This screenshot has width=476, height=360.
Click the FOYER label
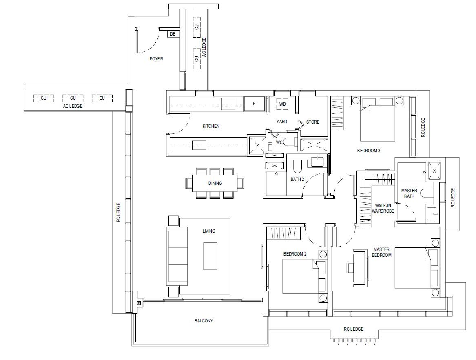point(156,59)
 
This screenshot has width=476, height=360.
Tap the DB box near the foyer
point(173,34)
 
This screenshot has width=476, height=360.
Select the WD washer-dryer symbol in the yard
point(282,104)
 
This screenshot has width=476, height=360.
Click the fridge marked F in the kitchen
point(254,104)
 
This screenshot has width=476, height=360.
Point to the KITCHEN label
point(211,126)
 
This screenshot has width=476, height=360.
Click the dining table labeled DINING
point(215,183)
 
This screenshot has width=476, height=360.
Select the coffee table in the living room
point(210,256)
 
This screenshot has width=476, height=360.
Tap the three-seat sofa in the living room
point(177,256)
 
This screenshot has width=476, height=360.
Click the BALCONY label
point(204,321)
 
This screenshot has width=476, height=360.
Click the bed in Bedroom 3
point(378,120)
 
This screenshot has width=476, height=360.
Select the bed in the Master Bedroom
point(412,267)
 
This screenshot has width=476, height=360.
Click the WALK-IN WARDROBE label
point(383,208)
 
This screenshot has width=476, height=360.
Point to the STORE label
point(313,122)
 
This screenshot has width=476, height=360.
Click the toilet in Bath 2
point(297,167)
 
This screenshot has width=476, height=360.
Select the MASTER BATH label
point(409,193)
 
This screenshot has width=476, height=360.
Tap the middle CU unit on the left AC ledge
point(73,98)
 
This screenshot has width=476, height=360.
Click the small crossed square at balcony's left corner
point(139,303)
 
